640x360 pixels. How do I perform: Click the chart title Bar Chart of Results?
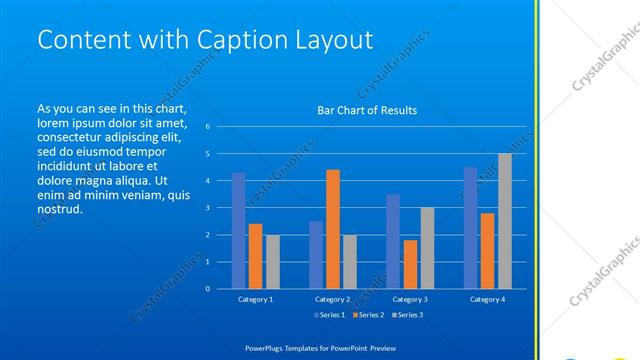367,110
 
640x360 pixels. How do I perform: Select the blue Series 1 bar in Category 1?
238,230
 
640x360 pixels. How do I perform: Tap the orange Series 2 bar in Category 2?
333,229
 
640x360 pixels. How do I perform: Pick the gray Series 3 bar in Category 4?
504,221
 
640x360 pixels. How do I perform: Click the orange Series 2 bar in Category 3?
410,264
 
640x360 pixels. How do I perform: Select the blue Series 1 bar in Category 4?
470,228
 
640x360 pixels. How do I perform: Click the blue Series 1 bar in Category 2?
316,255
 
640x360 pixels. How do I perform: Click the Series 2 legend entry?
367,315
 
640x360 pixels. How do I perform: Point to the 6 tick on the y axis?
207,127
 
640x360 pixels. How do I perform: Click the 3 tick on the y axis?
207,208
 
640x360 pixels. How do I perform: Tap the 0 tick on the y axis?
207,289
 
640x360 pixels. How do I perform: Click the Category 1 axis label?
255,299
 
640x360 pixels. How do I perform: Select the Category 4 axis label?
487,299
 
